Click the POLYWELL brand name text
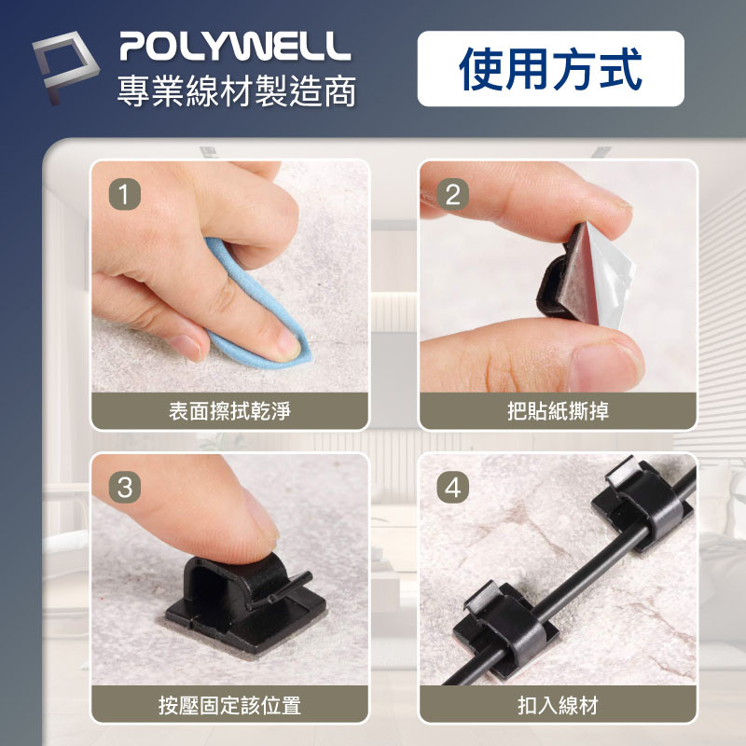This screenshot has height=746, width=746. pyautogui.click(x=235, y=46)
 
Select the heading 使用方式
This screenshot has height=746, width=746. pyautogui.click(x=550, y=68)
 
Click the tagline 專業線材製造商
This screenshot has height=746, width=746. pyautogui.click(x=237, y=90)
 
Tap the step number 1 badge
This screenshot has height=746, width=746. pyautogui.click(x=125, y=194)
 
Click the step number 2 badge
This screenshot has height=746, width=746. pyautogui.click(x=453, y=194)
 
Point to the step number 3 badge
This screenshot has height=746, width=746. pyautogui.click(x=125, y=487)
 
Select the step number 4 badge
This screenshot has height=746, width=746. pyautogui.click(x=453, y=487)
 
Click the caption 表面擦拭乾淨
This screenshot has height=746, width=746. pyautogui.click(x=229, y=410)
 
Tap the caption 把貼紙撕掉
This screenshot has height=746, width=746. pyautogui.click(x=558, y=410)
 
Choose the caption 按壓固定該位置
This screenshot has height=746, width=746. pyautogui.click(x=229, y=705)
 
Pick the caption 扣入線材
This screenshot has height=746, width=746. pyautogui.click(x=558, y=705)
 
